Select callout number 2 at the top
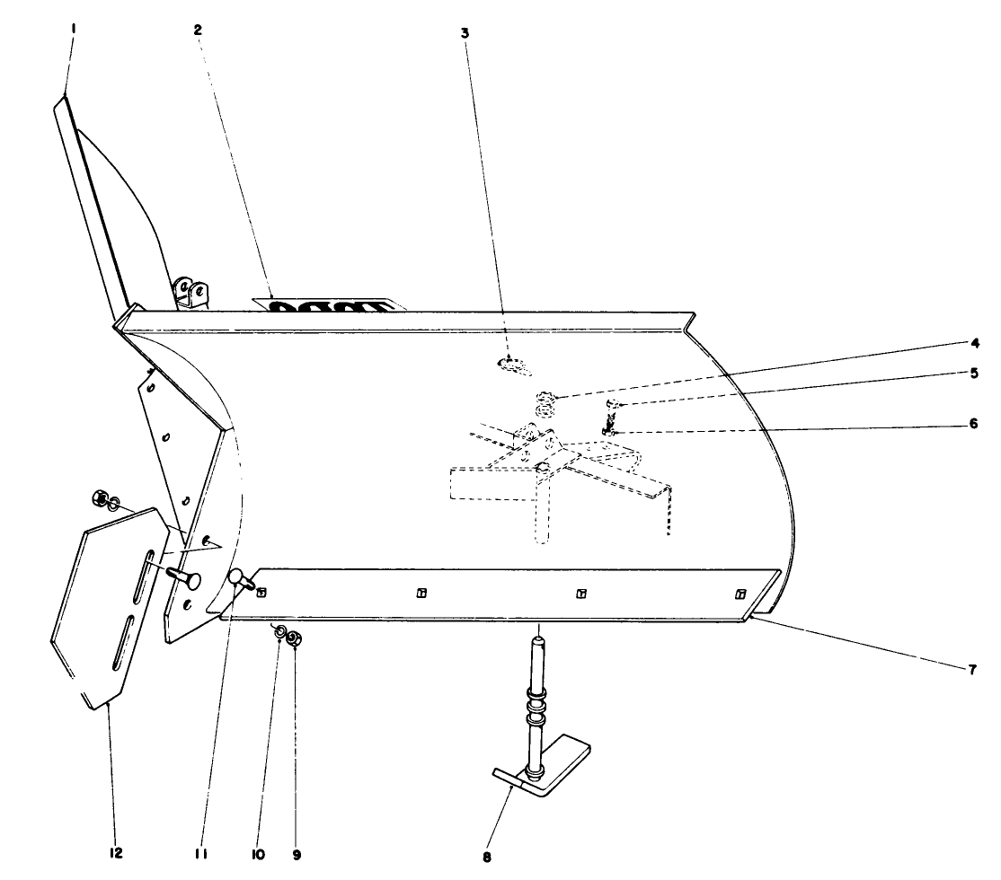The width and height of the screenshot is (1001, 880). (198, 29)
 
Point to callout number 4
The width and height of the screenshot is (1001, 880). (974, 342)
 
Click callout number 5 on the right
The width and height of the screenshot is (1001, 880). (974, 374)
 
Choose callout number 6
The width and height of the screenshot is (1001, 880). (974, 425)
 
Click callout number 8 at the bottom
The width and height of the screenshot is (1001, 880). (487, 857)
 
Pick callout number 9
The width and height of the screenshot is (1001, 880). (297, 854)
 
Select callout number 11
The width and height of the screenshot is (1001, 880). (201, 854)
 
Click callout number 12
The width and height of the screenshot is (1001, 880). (116, 852)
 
